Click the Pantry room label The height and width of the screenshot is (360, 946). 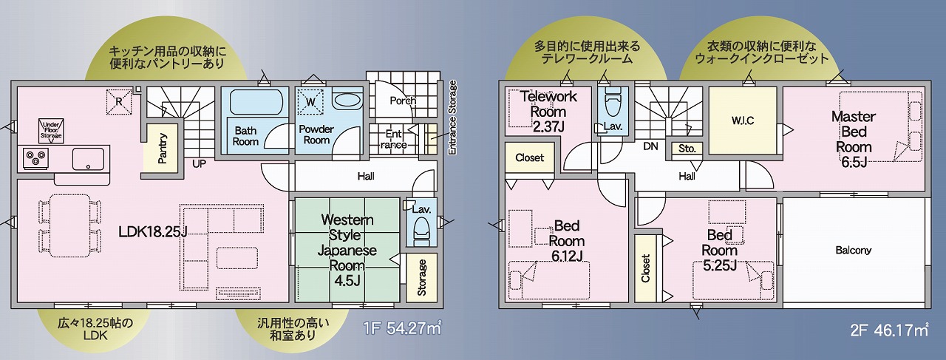click(x=163, y=149)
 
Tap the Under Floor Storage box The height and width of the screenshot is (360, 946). click(x=52, y=130)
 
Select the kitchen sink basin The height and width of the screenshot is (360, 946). click(x=88, y=158)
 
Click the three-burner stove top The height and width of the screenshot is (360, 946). click(x=34, y=158)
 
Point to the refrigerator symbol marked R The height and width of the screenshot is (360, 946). click(x=119, y=101)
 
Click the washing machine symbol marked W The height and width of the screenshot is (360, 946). click(x=310, y=101)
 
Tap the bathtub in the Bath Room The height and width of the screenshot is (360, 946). click(x=256, y=101)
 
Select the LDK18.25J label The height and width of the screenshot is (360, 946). click(x=152, y=231)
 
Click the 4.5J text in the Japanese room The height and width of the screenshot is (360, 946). click(x=347, y=280)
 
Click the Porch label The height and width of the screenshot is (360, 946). click(x=403, y=101)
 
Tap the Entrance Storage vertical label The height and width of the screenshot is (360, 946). click(x=452, y=118)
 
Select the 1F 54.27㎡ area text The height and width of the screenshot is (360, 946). click(x=403, y=329)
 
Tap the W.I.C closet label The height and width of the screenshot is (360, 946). click(x=743, y=120)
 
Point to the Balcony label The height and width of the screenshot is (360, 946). click(x=854, y=250)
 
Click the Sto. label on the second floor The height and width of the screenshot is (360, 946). click(x=687, y=149)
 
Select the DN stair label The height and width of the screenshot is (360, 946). click(x=651, y=146)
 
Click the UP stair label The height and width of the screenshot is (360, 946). click(x=200, y=163)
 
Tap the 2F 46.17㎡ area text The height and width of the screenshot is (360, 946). click(x=889, y=330)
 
